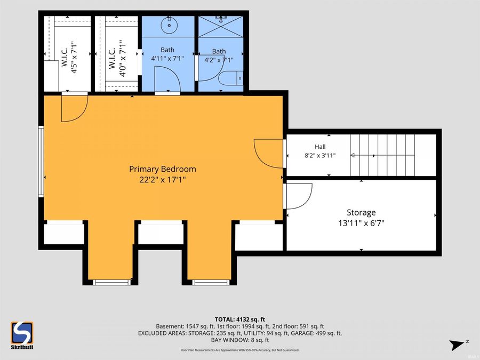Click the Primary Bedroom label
[163, 169]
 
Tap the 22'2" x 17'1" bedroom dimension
[163, 179]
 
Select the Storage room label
[361, 213]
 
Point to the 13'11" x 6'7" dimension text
[361, 223]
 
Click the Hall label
[320, 147]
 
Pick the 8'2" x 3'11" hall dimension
[320, 156]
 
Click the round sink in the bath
[169, 25]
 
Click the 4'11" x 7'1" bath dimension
[167, 59]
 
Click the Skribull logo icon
[22, 333]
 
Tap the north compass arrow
[457, 345]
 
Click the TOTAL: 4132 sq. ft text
[240, 320]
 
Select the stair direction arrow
[363, 156]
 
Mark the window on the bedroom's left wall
[41, 161]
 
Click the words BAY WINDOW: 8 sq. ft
[240, 340]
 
